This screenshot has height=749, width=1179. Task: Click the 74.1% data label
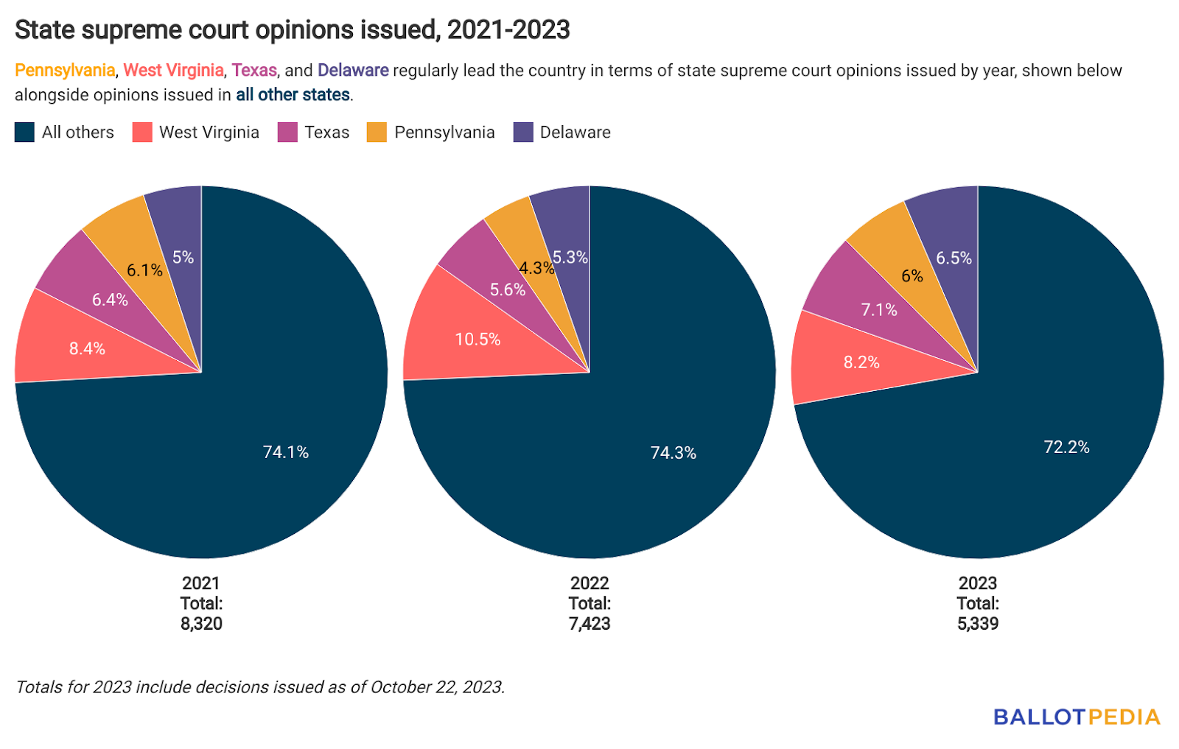pos(286,452)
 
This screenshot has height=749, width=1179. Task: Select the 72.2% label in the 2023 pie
pos(1066,447)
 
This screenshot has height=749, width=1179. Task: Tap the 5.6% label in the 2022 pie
pos(508,290)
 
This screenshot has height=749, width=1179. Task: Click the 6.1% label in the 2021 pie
pos(144,270)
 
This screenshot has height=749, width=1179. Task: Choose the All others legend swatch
pos(24,133)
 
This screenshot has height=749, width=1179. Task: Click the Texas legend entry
pos(326,133)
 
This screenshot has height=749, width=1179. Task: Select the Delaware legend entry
pos(575,133)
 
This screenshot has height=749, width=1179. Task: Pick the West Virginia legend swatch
pos(142,133)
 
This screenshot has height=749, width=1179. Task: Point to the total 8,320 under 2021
pos(201,624)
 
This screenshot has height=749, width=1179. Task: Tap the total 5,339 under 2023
pos(978,624)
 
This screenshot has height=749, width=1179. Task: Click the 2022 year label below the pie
pos(589,583)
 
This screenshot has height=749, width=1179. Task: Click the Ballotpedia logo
pos(1077,717)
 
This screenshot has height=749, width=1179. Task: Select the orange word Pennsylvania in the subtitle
pos(65,71)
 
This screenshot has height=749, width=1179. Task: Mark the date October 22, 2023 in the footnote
pos(436,687)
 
